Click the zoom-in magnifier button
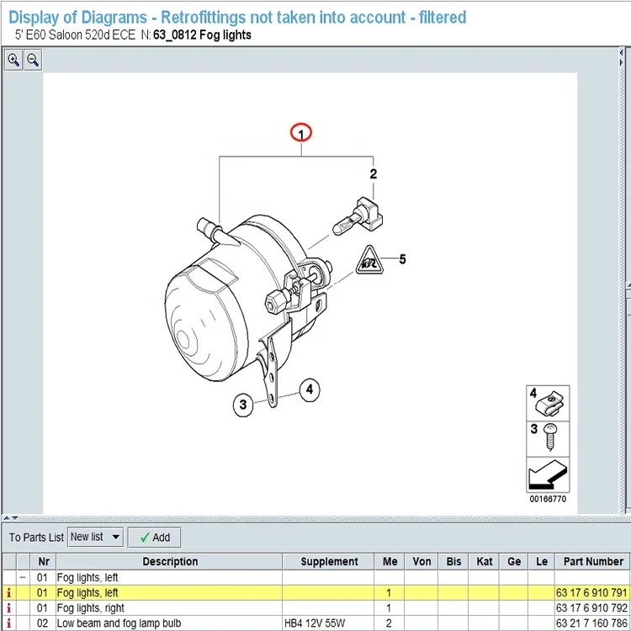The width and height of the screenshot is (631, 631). pyautogui.click(x=13, y=60)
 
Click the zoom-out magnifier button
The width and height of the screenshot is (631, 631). pyautogui.click(x=33, y=60)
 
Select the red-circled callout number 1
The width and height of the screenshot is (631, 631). pyautogui.click(x=301, y=132)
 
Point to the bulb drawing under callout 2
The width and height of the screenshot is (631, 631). pyautogui.click(x=358, y=216)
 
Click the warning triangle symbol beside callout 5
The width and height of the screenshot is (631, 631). pyautogui.click(x=369, y=261)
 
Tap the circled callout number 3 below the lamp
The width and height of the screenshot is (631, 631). pyautogui.click(x=243, y=405)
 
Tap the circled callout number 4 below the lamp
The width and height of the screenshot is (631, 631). pyautogui.click(x=310, y=390)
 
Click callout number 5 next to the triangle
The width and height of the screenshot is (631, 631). pyautogui.click(x=402, y=259)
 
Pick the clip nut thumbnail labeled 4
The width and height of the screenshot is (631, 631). pyautogui.click(x=548, y=403)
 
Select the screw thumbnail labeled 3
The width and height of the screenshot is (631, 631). pyautogui.click(x=548, y=439)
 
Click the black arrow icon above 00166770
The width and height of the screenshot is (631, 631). pyautogui.click(x=548, y=475)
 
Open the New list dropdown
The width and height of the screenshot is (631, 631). pyautogui.click(x=95, y=537)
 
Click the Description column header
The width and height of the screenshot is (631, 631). pyautogui.click(x=170, y=561)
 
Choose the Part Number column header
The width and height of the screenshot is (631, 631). pyautogui.click(x=593, y=561)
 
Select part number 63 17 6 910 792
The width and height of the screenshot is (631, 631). pyautogui.click(x=591, y=607)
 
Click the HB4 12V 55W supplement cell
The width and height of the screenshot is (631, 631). pyautogui.click(x=315, y=623)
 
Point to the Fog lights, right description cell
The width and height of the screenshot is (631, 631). pyautogui.click(x=91, y=607)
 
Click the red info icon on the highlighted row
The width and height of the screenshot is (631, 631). pyautogui.click(x=9, y=593)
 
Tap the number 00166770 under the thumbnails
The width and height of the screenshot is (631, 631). pyautogui.click(x=548, y=499)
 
